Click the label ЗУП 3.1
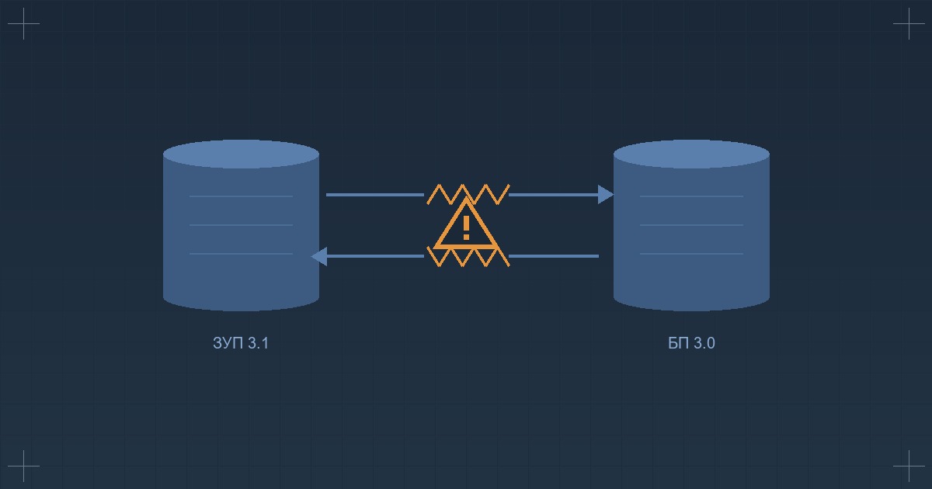(241, 343)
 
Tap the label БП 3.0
(691, 343)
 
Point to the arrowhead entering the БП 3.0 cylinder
(606, 195)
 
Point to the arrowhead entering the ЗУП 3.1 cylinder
(319, 256)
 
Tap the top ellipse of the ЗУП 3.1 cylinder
(241, 154)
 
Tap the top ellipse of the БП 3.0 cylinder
(691, 154)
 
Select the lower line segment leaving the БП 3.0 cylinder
(553, 256)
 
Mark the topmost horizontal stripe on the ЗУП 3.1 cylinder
(241, 196)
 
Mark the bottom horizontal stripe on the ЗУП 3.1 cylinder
(241, 254)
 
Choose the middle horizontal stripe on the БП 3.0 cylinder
(691, 225)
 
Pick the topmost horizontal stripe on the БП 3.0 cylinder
(691, 196)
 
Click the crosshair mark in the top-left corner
(23, 24)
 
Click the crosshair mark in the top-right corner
(909, 24)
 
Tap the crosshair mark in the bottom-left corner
(23, 466)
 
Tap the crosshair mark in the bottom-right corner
(909, 466)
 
